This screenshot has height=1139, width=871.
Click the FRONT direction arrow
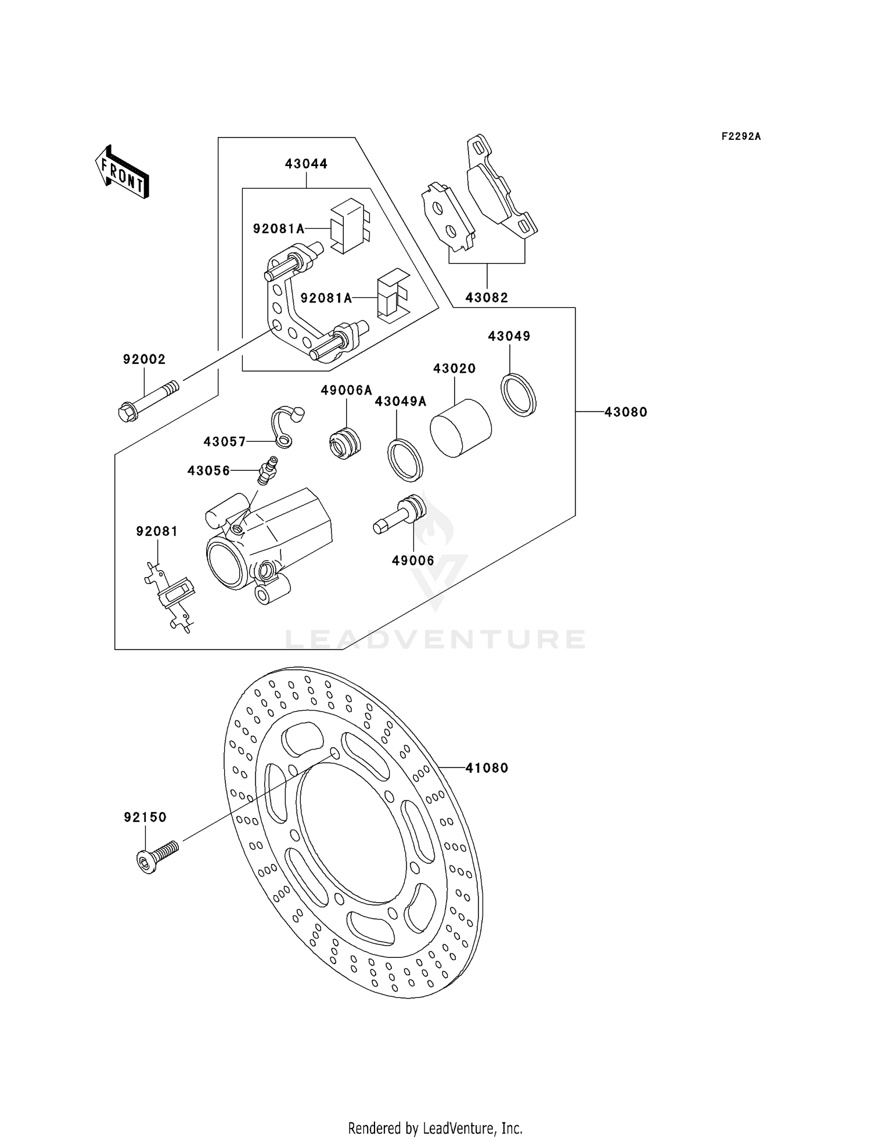coord(123,173)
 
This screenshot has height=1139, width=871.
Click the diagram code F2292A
coord(741,137)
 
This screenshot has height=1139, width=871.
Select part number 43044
coord(306,164)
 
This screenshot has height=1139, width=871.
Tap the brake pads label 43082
coord(487,298)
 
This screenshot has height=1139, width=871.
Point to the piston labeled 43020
coord(460,428)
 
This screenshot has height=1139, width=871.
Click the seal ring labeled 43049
coord(519,395)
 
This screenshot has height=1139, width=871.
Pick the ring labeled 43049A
coord(405,460)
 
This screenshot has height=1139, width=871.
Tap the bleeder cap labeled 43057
coord(287,427)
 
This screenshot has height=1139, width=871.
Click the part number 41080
coord(487,768)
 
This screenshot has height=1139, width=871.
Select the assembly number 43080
coord(625,412)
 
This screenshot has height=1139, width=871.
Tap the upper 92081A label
coord(279,229)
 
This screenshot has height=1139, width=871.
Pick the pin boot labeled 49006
coord(402,514)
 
